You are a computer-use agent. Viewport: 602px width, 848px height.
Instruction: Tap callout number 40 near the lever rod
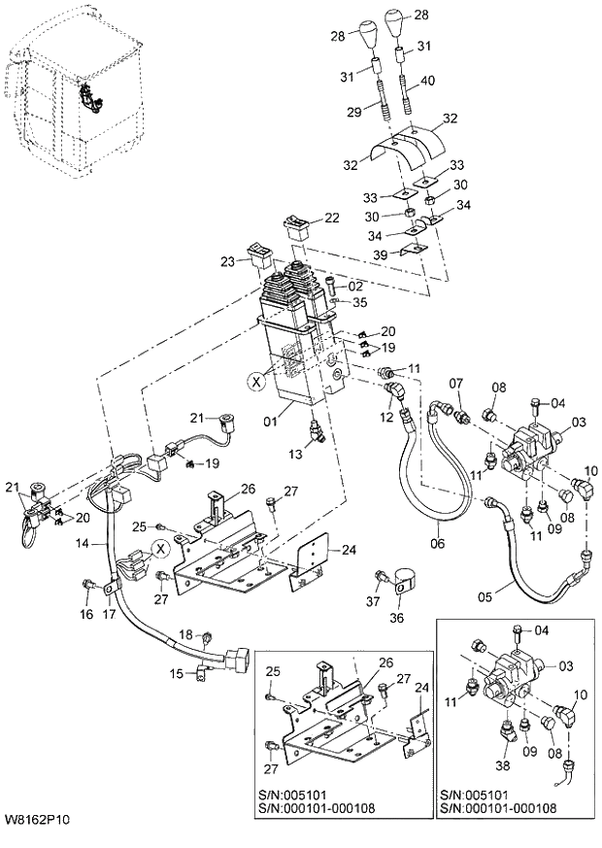pyautogui.click(x=428, y=81)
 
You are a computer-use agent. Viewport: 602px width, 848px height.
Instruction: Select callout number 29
pyautogui.click(x=355, y=114)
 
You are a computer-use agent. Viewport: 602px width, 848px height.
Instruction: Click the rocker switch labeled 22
pyautogui.click(x=297, y=227)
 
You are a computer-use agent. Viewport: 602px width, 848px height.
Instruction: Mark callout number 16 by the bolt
pyautogui.click(x=86, y=614)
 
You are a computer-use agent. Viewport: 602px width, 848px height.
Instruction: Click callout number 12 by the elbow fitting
pyautogui.click(x=386, y=417)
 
